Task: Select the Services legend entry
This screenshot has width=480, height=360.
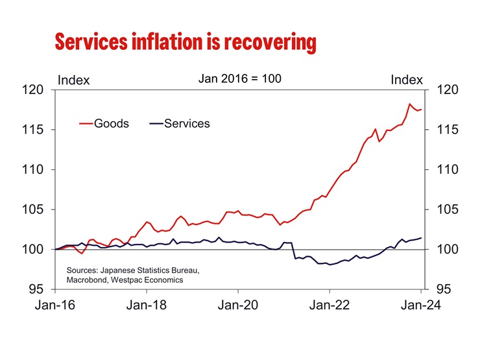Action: pos(187,123)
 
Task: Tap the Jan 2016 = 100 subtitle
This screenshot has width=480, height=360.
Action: pos(239,78)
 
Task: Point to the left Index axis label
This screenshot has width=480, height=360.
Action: pos(74,80)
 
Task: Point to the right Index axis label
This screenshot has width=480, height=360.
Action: pos(407,80)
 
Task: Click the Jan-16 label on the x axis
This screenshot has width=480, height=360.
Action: pos(55,307)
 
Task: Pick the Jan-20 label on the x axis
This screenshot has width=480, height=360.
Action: pos(238,307)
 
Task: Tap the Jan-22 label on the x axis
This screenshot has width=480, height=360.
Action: pos(330,307)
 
